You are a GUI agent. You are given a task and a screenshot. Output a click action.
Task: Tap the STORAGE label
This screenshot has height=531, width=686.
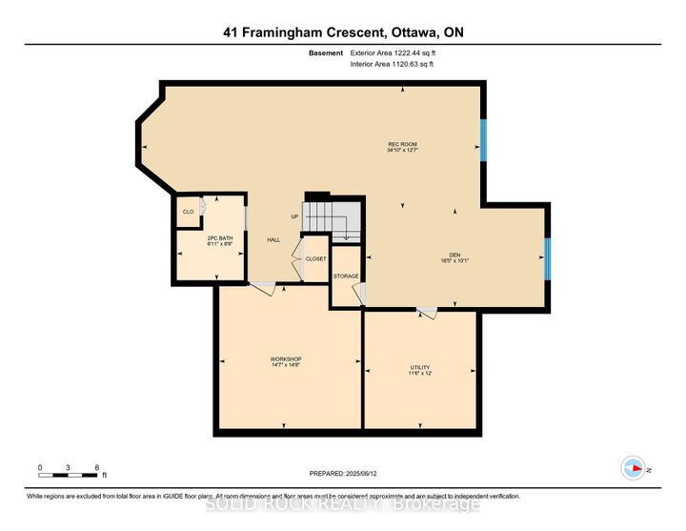pos(346,276)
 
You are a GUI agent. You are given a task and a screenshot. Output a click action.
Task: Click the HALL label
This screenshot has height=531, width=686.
pos(273,240)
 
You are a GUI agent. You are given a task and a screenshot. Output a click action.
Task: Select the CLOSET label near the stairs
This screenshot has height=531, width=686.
pos(315,258)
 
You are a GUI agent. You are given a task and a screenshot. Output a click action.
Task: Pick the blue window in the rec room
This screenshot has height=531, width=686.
pos(483,142)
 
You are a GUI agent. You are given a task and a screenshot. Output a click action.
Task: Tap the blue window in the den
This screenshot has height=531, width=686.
pos(548,257)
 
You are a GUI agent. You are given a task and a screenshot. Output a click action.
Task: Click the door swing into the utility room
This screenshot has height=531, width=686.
pos(426,313)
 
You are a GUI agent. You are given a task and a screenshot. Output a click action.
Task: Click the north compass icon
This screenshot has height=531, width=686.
pos(631,467)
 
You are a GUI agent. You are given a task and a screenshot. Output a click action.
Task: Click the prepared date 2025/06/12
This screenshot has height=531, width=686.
pos(342,474)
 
